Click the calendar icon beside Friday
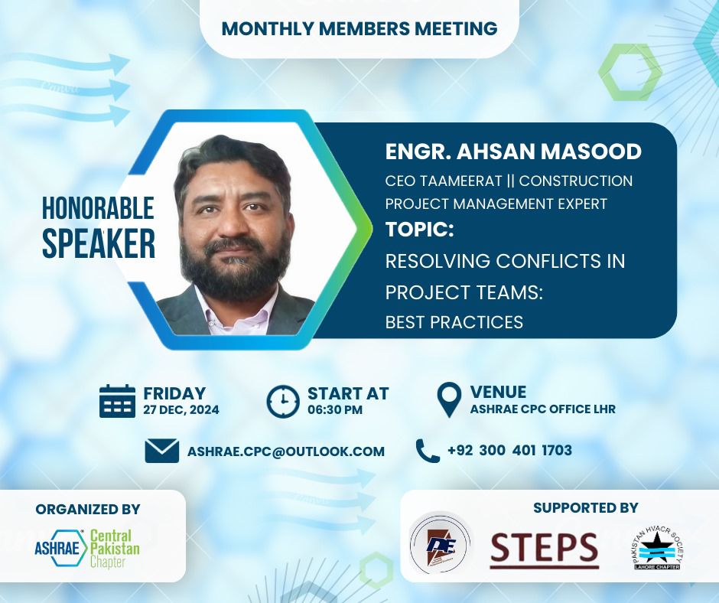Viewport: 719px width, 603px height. click(117, 401)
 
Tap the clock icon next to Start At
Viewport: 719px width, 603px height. click(283, 402)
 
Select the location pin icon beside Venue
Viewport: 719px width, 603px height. click(449, 399)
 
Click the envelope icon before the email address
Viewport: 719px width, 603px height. click(162, 451)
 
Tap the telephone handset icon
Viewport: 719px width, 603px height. click(428, 450)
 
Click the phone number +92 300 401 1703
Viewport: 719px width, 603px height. click(509, 450)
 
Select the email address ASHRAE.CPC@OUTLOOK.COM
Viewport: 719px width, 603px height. click(285, 451)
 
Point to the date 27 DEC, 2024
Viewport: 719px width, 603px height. click(181, 409)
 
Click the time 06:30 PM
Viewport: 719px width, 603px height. click(335, 409)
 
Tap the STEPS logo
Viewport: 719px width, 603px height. click(545, 549)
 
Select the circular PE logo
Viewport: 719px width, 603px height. click(440, 545)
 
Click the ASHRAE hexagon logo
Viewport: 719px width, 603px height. click(61, 548)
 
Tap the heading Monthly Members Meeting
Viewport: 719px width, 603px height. click(359, 28)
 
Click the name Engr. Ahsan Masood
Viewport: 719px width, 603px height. click(513, 152)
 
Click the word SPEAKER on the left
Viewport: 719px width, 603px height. click(99, 243)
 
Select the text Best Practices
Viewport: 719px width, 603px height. click(454, 322)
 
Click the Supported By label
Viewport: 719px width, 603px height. click(586, 507)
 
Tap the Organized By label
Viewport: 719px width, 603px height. click(88, 509)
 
